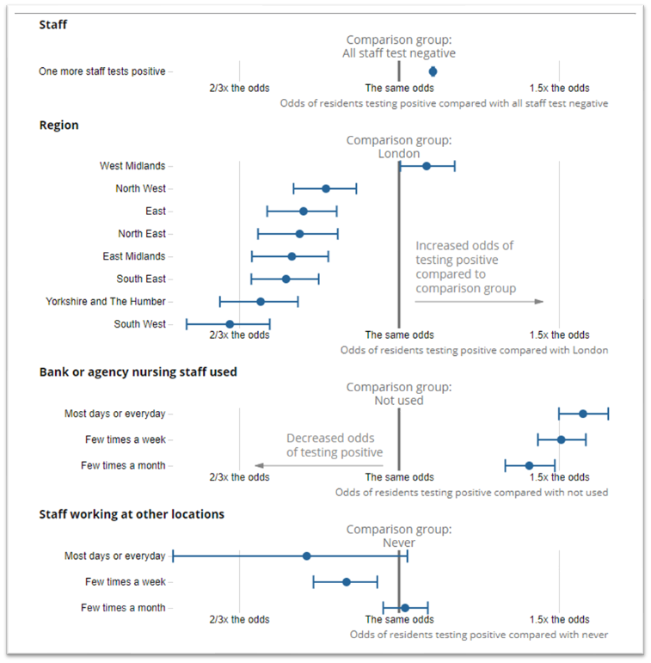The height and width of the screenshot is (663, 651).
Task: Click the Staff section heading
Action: click(53, 25)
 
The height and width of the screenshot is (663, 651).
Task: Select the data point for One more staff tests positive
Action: click(433, 71)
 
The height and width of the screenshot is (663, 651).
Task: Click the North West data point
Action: click(326, 188)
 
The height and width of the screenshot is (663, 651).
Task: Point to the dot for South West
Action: click(230, 324)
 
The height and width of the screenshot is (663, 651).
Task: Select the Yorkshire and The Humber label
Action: click(105, 302)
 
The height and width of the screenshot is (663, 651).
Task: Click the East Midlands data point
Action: click(292, 256)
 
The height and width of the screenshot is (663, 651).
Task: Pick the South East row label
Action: click(141, 279)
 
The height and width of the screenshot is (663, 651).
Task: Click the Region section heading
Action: click(58, 126)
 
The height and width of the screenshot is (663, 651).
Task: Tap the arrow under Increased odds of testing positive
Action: click(479, 301)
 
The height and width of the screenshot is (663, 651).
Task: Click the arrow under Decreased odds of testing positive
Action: click(318, 465)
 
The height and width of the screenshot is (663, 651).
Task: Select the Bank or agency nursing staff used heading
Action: click(138, 372)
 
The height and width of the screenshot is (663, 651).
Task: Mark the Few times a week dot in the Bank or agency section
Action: click(561, 439)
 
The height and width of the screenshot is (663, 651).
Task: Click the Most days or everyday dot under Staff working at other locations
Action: click(306, 556)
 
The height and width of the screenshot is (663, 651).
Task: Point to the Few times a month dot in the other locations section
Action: click(405, 608)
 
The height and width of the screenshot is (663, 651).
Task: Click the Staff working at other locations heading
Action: click(132, 514)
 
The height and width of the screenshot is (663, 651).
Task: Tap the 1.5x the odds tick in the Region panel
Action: click(559, 335)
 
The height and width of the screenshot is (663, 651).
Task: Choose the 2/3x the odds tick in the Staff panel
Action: click(239, 88)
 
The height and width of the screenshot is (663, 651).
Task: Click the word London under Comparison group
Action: click(398, 154)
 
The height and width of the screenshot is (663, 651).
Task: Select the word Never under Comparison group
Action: click(399, 543)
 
